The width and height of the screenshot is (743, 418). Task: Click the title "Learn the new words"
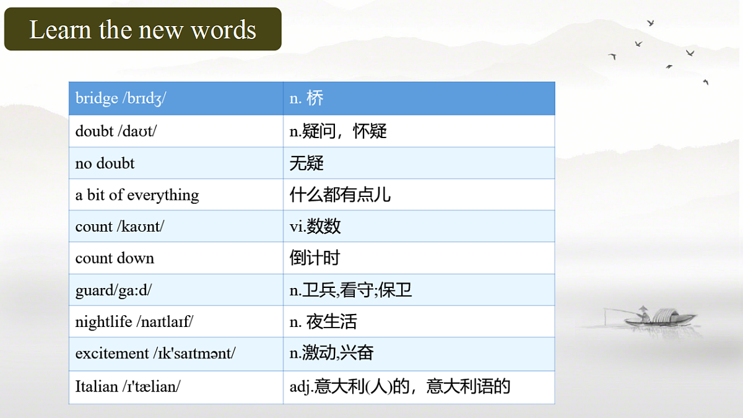(x=142, y=30)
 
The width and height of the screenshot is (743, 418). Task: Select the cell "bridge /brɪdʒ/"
(x=121, y=98)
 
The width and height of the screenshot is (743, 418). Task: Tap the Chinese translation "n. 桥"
(x=306, y=98)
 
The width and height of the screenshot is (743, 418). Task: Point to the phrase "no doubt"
(x=105, y=163)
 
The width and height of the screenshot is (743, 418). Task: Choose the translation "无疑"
(x=306, y=163)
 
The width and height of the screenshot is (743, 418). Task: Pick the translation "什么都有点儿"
(x=340, y=195)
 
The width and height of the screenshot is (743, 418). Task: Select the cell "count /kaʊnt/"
(x=119, y=227)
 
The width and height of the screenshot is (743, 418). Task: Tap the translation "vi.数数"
(x=315, y=227)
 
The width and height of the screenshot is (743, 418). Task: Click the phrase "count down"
(x=115, y=258)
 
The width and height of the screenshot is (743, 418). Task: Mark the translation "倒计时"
(x=315, y=258)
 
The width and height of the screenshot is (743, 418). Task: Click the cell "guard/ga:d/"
(x=113, y=290)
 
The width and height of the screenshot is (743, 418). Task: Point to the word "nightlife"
(x=103, y=322)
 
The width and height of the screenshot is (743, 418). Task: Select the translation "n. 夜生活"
(x=323, y=322)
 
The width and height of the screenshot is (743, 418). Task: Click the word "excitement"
(x=112, y=354)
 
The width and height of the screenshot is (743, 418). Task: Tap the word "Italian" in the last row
(x=97, y=386)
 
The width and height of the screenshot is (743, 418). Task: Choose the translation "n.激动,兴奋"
(x=331, y=354)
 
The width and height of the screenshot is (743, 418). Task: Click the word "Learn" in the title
(x=59, y=30)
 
